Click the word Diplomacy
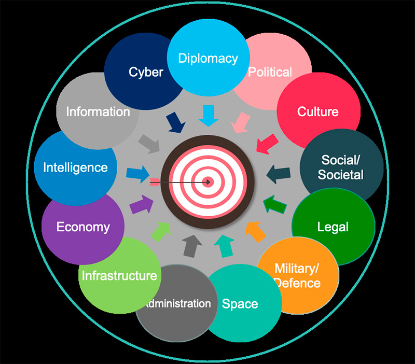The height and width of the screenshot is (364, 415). pos(208,59)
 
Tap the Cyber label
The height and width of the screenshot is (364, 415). pos(146,72)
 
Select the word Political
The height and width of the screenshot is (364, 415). pos(270,72)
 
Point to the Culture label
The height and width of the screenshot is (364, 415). pos(318,111)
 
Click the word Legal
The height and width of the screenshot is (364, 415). pos(333,227)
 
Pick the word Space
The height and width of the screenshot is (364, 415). pos(240,304)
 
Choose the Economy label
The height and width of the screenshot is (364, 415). pos(83,227)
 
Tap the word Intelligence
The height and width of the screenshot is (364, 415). pos(75,168)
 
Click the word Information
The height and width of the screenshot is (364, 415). pos(98,111)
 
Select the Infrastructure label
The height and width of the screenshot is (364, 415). pos(119,276)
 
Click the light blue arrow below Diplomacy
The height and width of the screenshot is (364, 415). pos(209,116)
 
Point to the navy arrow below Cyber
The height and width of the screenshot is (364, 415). pos(175,122)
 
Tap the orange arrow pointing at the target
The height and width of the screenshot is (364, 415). pos(255,232)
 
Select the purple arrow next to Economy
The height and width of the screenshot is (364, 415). pos(142,204)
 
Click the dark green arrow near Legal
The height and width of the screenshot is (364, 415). pos(274,204)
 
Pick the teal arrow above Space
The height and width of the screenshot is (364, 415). pos(225,246)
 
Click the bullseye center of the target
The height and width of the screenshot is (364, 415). pos(208,182)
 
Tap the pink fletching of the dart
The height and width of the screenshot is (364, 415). pos(155,182)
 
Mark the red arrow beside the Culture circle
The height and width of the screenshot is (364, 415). pos(267,144)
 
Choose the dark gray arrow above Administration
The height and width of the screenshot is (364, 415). pos(192,246)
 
